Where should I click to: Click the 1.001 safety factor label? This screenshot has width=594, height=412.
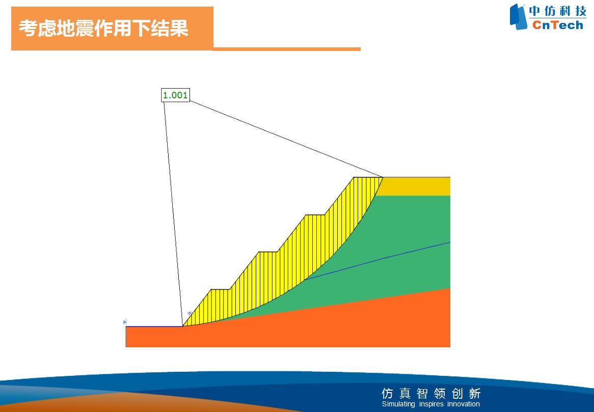(x=175, y=95)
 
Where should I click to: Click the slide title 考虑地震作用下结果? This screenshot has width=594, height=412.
(x=103, y=28)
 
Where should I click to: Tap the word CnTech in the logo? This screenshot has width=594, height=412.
(x=558, y=25)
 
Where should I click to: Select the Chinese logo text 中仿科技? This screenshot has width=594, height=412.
(x=558, y=11)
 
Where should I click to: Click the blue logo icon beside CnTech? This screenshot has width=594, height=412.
(x=518, y=16)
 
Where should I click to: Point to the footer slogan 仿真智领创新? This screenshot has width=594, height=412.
(x=431, y=394)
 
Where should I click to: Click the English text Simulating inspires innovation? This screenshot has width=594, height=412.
(x=430, y=404)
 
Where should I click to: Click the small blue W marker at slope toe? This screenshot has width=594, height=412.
(x=190, y=314)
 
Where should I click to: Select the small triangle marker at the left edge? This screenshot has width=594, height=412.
(x=125, y=322)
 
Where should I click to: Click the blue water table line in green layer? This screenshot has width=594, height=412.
(x=378, y=261)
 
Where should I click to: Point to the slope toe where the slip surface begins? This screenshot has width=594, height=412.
(x=182, y=326)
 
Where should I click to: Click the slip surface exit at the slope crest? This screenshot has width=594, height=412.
(x=383, y=177)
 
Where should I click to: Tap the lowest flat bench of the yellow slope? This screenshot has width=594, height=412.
(x=220, y=290)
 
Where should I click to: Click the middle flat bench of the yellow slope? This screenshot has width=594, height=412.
(x=268, y=252)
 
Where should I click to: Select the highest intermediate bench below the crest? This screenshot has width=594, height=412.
(x=315, y=215)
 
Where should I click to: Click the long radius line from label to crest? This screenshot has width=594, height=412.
(x=286, y=139)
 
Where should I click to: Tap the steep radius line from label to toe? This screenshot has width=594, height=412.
(x=173, y=214)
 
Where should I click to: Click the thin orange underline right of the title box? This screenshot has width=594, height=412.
(x=287, y=49)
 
